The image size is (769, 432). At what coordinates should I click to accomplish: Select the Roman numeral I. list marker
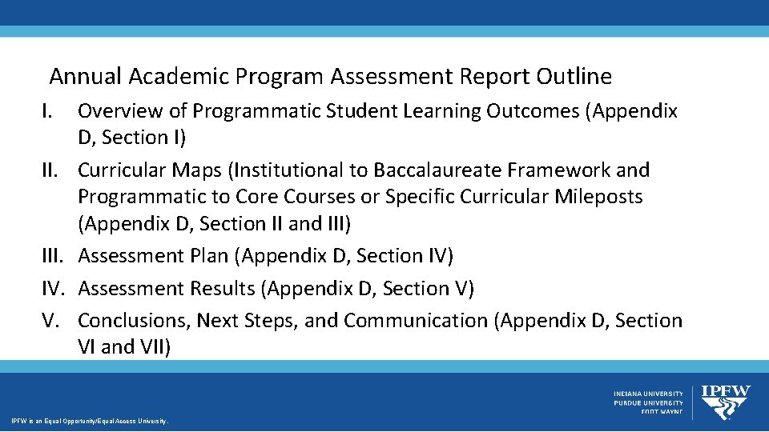(49, 111)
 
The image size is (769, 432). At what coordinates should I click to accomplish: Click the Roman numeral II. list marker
(52, 170)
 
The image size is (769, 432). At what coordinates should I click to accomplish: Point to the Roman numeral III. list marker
(54, 256)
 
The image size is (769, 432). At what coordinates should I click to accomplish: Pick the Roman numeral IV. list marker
(54, 288)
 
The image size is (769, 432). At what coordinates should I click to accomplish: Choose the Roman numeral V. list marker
(50, 320)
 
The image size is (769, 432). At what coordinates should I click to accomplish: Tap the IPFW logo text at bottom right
(726, 392)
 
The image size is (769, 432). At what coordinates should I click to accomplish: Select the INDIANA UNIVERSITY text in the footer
(648, 394)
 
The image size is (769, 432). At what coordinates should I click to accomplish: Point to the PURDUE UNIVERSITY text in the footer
(649, 403)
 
